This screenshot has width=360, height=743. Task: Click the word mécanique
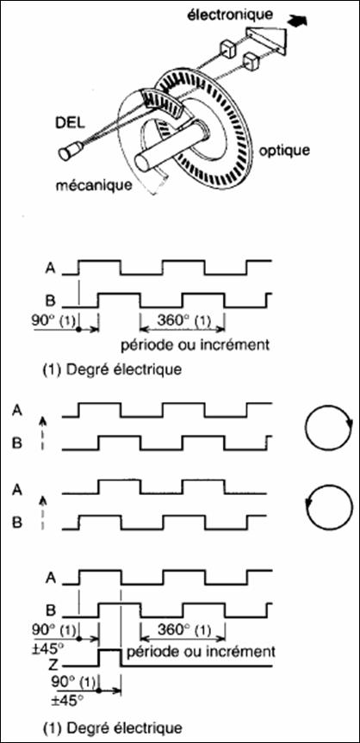click(92, 184)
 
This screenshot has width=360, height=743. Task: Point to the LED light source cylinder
click(69, 152)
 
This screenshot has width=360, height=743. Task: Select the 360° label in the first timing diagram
click(182, 321)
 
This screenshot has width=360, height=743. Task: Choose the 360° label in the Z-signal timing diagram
click(182, 630)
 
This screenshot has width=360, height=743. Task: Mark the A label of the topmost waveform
click(48, 268)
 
